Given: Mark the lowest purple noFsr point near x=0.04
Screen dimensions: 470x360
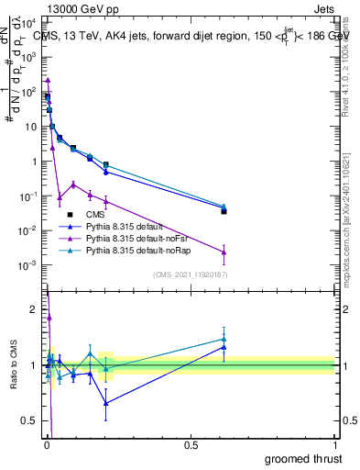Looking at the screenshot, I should pyautogui.click(x=60, y=196).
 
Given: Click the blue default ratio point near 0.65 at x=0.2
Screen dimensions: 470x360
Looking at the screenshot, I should pyautogui.click(x=105, y=402).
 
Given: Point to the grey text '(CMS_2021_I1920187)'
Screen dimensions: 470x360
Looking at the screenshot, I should pyautogui.click(x=190, y=274).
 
